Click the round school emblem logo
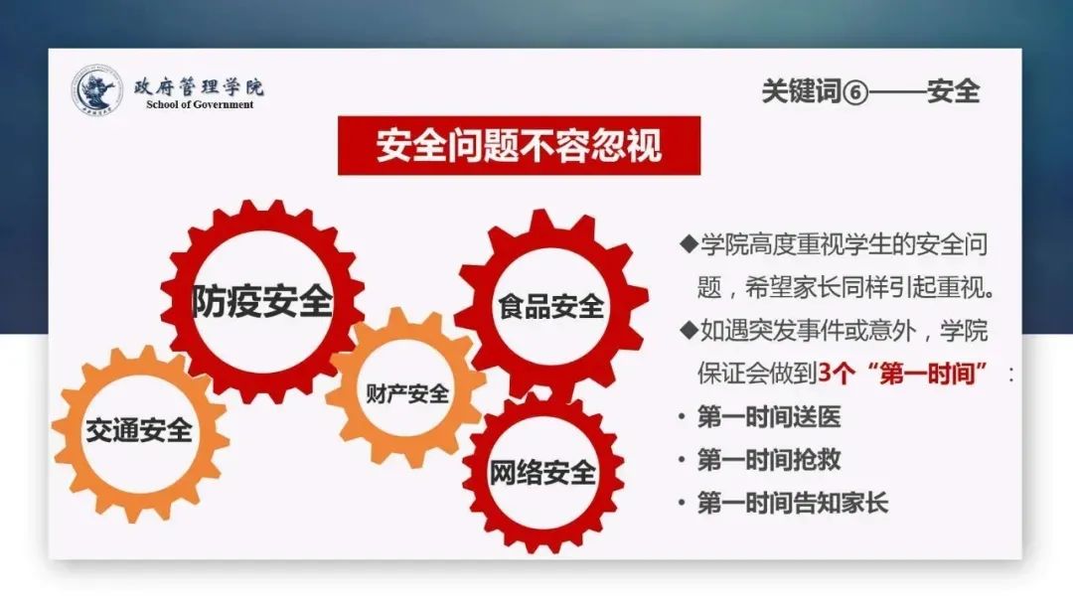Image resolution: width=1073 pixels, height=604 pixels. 97,89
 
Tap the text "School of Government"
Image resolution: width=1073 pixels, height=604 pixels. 200,104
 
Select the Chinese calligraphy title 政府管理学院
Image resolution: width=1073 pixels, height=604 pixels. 199,86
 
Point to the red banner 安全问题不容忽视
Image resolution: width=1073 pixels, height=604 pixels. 520,146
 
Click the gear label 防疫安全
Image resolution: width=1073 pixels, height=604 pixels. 262,300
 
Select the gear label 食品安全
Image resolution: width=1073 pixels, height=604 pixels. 550,306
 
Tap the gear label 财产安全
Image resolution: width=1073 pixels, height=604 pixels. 407,393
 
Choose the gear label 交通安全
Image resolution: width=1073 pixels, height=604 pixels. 139,430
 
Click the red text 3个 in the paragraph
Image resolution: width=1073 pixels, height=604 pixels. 837,374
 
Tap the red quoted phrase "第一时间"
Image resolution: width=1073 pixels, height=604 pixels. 929,374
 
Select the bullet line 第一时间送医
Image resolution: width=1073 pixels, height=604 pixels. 769,417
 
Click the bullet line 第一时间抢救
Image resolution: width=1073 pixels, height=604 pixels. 769,460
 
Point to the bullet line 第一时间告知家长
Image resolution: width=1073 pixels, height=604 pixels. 793,504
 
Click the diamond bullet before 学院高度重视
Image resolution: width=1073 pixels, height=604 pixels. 689,243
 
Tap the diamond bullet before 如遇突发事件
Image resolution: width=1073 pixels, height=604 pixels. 689,330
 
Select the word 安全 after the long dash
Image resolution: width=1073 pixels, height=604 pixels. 953,91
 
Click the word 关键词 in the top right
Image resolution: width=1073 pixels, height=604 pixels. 802,91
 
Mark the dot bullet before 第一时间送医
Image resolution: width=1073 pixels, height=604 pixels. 682,417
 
